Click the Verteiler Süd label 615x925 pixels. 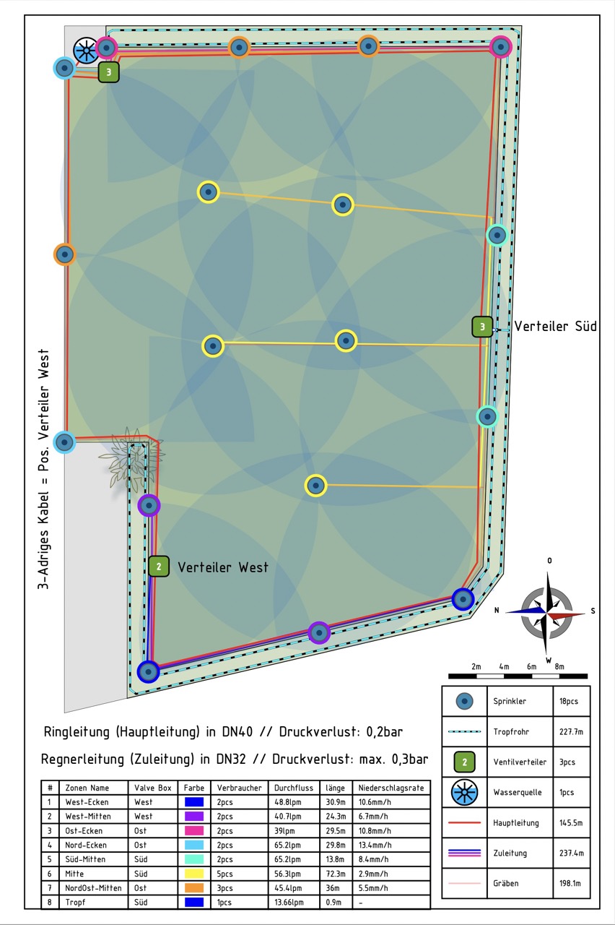pos(555,326)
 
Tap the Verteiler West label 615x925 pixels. pos(223,567)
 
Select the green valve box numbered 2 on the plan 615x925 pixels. pos(159,566)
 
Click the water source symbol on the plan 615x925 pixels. pos(86,51)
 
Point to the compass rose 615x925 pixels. pos(546,612)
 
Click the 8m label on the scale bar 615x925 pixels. pos(559,666)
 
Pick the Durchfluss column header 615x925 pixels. pos(294,788)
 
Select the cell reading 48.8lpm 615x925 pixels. pos(288,802)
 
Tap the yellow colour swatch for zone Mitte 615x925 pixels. pos(194,874)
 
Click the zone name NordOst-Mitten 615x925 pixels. pos(93,888)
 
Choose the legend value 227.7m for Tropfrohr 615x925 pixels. pos(571,731)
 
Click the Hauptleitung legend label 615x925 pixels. pos(516,822)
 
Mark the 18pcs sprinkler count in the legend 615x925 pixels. pos(569,701)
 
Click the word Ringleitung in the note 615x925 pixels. pos(77,732)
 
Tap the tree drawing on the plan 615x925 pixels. pos(131,459)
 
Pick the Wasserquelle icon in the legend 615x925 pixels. pos(464,793)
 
